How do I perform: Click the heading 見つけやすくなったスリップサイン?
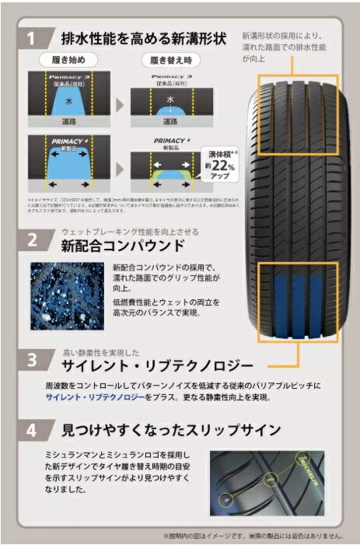point(170,429)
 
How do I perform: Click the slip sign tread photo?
point(266,483)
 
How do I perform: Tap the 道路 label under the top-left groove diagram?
point(68,122)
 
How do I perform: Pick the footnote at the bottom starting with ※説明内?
point(253,535)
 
